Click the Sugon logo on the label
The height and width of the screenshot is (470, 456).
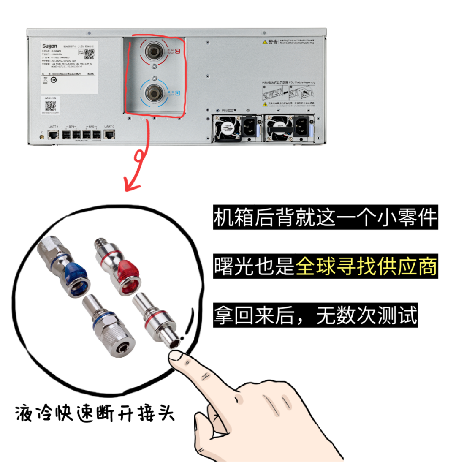click(x=50, y=45)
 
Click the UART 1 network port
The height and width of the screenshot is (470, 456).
click(x=54, y=135)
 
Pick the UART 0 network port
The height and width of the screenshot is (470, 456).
click(x=109, y=135)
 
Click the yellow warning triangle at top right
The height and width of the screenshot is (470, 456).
click(x=265, y=42)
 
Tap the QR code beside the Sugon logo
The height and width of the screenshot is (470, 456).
click(x=89, y=54)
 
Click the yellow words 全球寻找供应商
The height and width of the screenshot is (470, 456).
click(x=366, y=267)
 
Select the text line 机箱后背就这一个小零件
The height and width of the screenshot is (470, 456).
click(x=325, y=218)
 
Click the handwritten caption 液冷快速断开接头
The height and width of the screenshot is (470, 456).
click(x=95, y=412)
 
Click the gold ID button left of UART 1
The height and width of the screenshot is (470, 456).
click(x=42, y=136)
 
